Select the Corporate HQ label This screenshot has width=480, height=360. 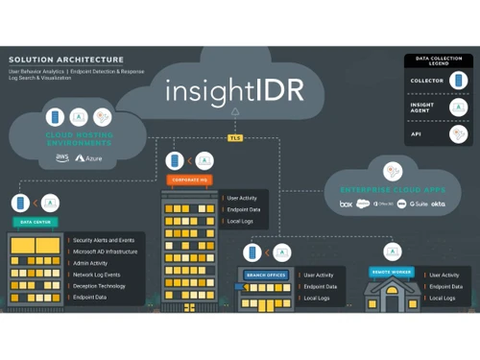(184, 179)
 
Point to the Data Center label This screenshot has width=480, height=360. (36, 222)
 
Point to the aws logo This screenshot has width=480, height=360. (61, 156)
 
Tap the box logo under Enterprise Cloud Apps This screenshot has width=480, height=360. (346, 204)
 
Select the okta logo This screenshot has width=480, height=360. (438, 204)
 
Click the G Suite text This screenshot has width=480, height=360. (419, 204)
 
